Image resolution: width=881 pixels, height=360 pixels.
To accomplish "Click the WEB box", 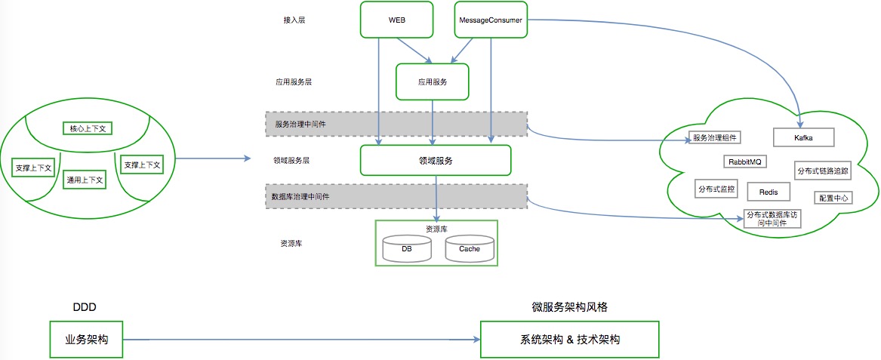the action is click(x=396, y=20).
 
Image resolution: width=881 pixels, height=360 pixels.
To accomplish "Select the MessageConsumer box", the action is click(x=491, y=20).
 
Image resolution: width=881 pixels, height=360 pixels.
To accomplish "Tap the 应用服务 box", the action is click(x=432, y=82).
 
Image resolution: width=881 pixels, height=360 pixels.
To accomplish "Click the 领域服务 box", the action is click(x=436, y=161).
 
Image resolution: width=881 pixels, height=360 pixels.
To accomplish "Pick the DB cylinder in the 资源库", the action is click(x=407, y=249).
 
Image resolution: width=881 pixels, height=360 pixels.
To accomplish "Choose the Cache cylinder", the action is click(x=470, y=249).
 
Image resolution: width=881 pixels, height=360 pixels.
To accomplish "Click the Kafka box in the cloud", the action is click(x=803, y=137).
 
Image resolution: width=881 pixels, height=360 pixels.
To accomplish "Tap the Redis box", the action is click(x=768, y=192).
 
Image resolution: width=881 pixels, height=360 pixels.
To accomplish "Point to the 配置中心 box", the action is click(x=833, y=198).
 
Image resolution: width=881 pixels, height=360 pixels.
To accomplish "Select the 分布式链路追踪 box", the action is click(x=822, y=171).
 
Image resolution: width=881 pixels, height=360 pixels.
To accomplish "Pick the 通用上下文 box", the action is click(x=85, y=180).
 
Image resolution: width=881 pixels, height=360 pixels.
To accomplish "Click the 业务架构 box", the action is click(x=87, y=340).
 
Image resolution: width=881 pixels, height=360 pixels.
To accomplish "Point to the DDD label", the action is click(x=85, y=307).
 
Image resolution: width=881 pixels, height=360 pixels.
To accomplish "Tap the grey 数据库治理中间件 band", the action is click(x=396, y=198).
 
